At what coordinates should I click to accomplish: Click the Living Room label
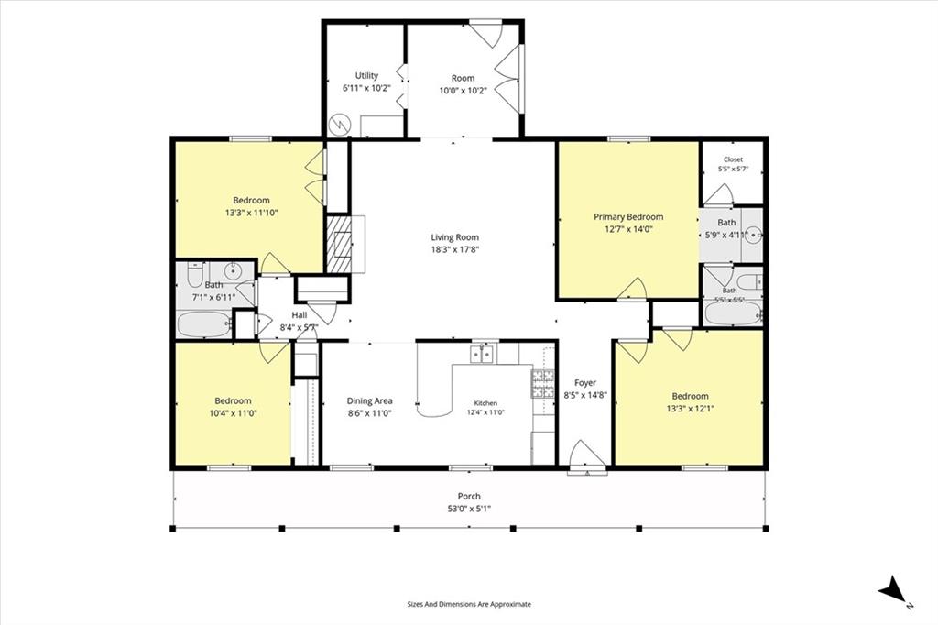click(x=454, y=237)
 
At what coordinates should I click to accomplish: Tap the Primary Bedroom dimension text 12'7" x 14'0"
click(x=628, y=229)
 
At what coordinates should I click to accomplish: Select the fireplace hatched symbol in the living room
click(x=339, y=244)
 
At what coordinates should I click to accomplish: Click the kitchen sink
click(x=482, y=355)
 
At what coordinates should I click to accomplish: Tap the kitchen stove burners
click(x=543, y=384)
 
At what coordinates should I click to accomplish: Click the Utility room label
click(x=366, y=76)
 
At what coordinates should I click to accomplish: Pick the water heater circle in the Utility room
click(x=339, y=126)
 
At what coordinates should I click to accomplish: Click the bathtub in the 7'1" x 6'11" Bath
click(x=204, y=324)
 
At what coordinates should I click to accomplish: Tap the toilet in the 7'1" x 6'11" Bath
click(x=196, y=274)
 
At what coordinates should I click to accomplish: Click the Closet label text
click(x=733, y=159)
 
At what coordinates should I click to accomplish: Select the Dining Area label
click(x=370, y=401)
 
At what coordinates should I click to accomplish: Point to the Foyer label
click(x=585, y=383)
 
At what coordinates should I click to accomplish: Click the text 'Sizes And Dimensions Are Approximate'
click(x=469, y=605)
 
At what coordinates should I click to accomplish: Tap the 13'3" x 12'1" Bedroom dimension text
click(x=691, y=409)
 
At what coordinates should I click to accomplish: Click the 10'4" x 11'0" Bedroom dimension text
click(x=234, y=413)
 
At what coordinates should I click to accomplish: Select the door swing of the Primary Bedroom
click(x=633, y=289)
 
